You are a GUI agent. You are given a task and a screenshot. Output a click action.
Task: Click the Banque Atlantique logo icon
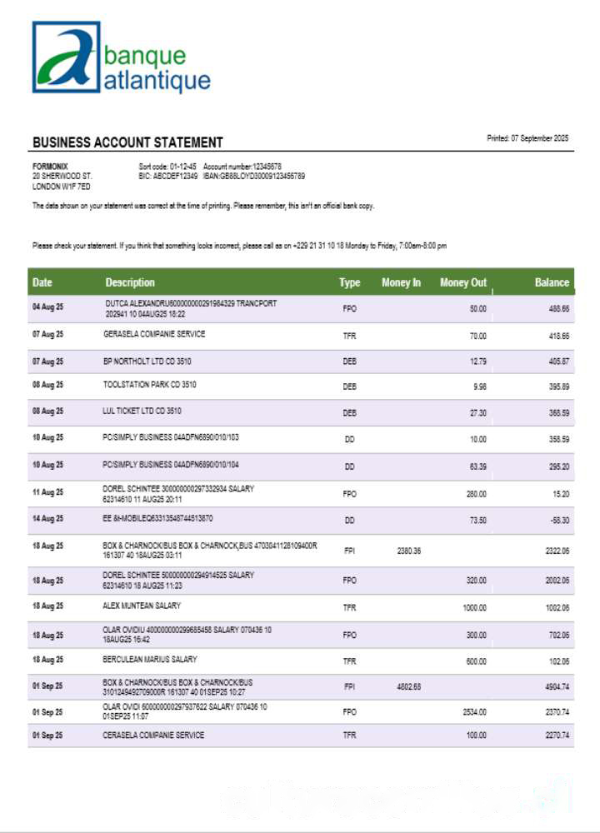[66, 56]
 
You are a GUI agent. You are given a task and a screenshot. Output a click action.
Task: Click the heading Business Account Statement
[127, 142]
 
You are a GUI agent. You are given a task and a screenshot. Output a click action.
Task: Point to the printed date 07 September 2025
[527, 138]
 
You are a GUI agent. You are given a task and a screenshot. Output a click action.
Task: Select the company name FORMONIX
[48, 167]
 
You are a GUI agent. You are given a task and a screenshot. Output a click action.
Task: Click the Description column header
[130, 282]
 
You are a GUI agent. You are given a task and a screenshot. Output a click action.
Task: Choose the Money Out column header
[463, 282]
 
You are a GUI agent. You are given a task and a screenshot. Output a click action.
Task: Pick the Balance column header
[552, 282]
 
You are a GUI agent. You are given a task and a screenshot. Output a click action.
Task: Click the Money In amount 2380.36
[409, 551]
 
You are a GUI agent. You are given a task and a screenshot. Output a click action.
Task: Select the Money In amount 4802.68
[409, 687]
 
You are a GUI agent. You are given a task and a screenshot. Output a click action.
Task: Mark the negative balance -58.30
[558, 520]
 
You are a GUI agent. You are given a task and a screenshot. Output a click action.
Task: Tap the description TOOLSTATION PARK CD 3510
[150, 385]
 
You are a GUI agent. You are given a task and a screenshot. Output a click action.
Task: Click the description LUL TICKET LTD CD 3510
[142, 411]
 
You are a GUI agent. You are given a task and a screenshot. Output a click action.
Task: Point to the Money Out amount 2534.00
[474, 712]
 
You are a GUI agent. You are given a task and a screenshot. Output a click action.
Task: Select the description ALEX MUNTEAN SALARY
[142, 606]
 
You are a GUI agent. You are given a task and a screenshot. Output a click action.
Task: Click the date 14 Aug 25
[47, 519]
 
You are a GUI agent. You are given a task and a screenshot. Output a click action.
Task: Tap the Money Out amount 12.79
[477, 362]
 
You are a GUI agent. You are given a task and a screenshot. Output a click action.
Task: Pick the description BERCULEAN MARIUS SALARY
[150, 659]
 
